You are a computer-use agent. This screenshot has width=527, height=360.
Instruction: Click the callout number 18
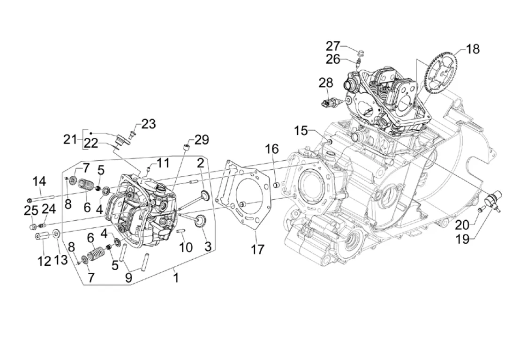473,49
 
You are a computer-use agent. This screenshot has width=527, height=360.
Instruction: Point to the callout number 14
39,181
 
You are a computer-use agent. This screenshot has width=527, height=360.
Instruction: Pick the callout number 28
326,82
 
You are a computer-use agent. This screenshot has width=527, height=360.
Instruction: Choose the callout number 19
462,240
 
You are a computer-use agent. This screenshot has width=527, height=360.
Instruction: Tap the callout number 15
301,130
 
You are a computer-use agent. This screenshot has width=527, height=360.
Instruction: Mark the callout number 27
333,46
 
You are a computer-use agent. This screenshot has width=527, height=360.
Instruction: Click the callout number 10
186,247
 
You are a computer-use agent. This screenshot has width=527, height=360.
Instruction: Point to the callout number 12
45,261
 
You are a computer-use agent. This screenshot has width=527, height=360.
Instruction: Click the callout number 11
163,164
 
